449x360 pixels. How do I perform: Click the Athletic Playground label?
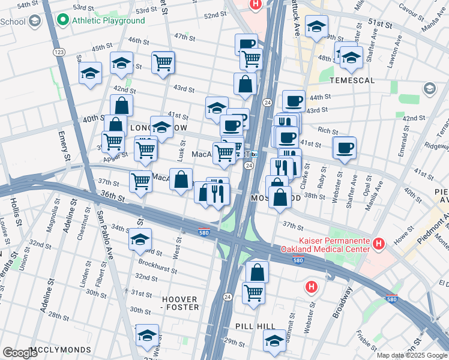point(109,20)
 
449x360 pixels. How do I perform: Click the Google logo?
point(20,353)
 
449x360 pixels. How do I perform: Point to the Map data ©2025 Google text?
point(412,355)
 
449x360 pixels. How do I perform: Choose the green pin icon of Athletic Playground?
point(62,20)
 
